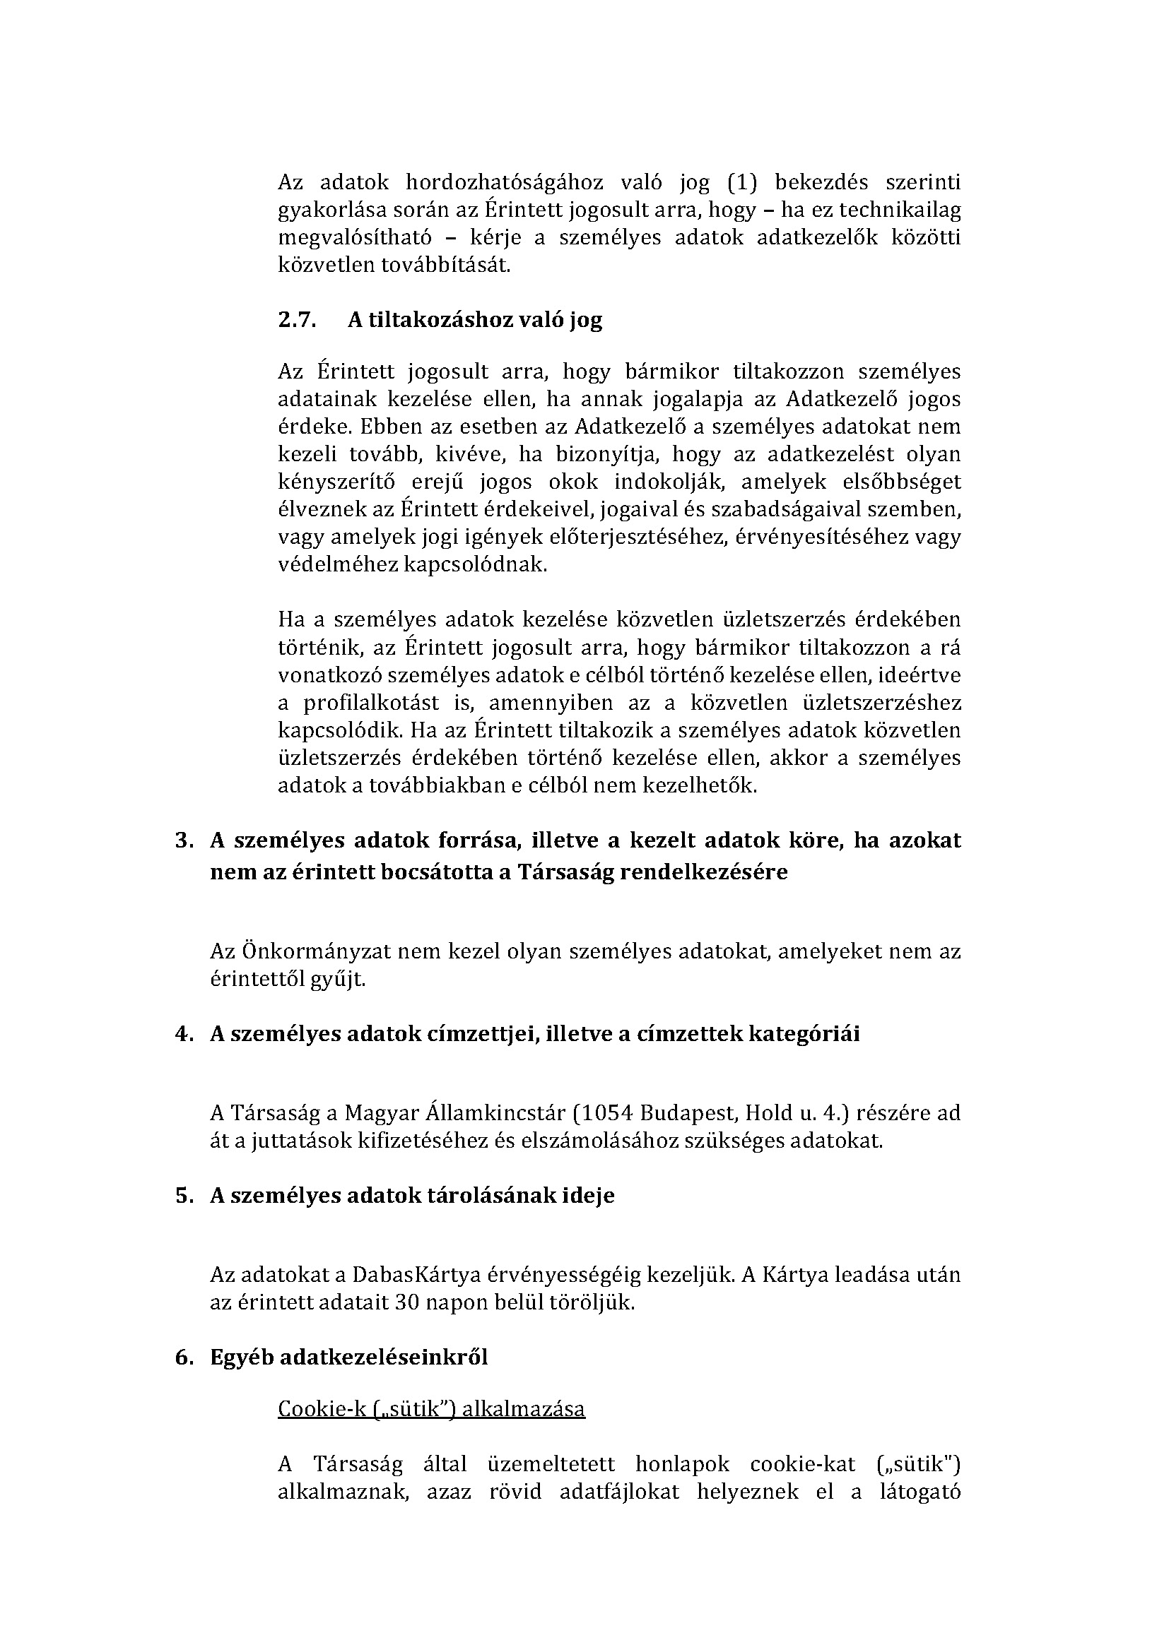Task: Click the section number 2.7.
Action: [298, 319]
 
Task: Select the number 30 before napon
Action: [407, 1303]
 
